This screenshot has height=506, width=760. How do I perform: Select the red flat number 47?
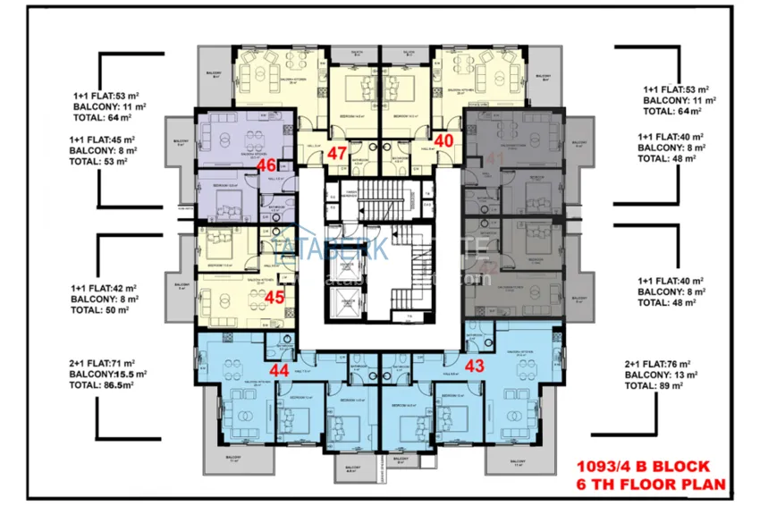tap(337, 153)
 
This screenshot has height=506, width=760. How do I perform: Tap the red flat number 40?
tap(444, 139)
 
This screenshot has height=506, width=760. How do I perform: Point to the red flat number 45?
tap(274, 298)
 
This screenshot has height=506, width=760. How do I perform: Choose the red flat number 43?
tap(475, 365)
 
